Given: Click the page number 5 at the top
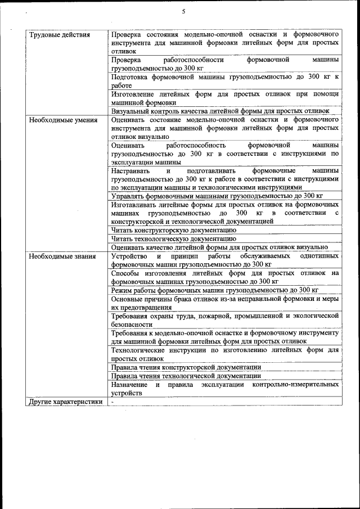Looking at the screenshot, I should click(x=183, y=12).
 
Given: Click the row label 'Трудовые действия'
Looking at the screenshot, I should click(x=59, y=35).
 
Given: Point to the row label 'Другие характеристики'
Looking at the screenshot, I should click(x=66, y=402).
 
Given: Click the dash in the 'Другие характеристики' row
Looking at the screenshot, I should click(x=112, y=402).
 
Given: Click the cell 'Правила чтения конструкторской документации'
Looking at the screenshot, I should click(x=186, y=367).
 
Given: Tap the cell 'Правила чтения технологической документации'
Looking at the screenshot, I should click(x=186, y=375).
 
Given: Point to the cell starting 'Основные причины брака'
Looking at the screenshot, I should click(x=224, y=303).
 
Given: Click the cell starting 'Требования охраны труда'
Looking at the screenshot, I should click(x=224, y=320).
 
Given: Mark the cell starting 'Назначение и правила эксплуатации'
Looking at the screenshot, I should click(x=224, y=389).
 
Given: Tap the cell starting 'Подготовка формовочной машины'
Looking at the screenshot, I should click(x=224, y=81).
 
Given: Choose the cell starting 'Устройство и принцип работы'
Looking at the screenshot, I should click(x=224, y=260).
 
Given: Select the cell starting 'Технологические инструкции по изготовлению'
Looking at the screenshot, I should click(x=224, y=354).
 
